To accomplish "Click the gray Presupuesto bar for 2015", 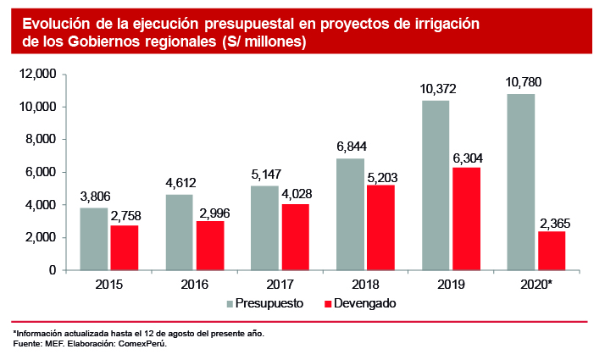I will [94, 239].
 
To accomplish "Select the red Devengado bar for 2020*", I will [552, 251].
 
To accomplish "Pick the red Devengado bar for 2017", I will [296, 237].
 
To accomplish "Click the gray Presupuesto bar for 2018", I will [350, 214].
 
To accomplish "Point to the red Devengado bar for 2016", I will [210, 246].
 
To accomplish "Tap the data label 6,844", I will [350, 147].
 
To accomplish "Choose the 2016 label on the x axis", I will [195, 285].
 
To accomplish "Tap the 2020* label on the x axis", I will [536, 285].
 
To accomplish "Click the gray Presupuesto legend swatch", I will [230, 303].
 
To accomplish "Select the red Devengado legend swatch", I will [328, 303].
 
